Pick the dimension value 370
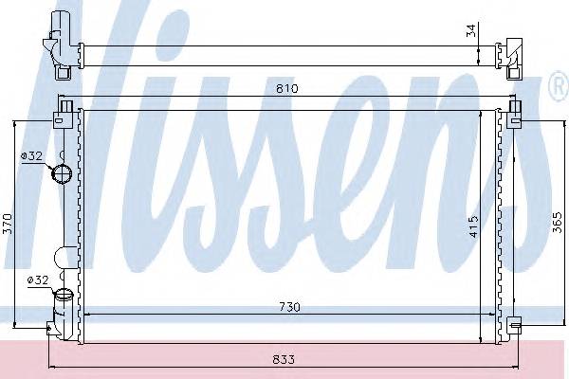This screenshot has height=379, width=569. (9, 224)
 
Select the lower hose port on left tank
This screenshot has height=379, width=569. (63, 298)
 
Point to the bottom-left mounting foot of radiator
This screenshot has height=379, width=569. (53, 327)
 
